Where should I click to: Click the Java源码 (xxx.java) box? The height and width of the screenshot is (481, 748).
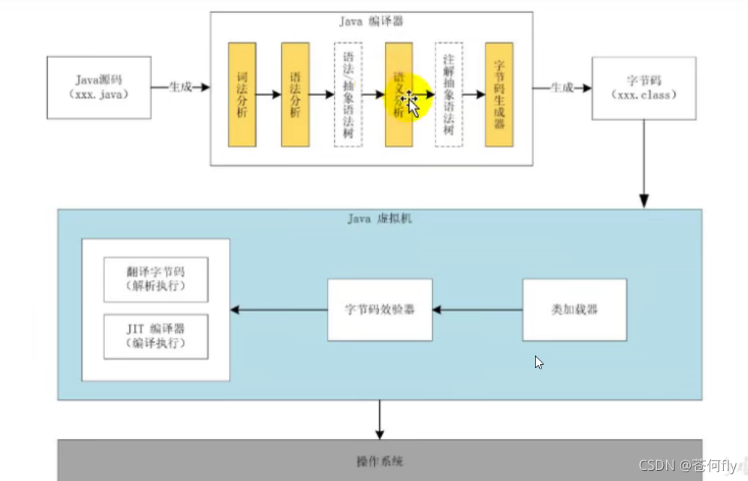[99, 88]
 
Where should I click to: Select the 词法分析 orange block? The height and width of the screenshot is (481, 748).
[241, 94]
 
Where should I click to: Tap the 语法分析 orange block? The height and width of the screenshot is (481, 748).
[295, 94]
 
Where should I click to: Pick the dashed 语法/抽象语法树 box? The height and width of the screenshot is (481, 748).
[348, 94]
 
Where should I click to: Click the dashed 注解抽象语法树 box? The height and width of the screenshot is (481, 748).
[449, 94]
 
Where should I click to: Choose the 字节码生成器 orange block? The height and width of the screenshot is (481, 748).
[499, 94]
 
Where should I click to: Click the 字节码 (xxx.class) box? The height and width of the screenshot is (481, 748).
[644, 89]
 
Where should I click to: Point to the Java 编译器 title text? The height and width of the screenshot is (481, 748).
[371, 22]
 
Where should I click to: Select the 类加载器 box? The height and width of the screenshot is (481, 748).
[575, 310]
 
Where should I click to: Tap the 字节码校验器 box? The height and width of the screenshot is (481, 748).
[380, 310]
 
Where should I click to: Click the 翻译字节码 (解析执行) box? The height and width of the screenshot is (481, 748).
[156, 279]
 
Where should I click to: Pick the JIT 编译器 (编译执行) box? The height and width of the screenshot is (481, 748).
[156, 336]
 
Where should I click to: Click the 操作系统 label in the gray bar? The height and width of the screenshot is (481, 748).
[380, 461]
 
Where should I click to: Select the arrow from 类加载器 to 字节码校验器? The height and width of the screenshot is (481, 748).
[478, 310]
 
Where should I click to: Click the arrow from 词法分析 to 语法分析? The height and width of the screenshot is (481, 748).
[268, 94]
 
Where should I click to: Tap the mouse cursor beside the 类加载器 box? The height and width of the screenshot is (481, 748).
[539, 362]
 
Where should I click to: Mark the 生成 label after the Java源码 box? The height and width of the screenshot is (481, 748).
[180, 87]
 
